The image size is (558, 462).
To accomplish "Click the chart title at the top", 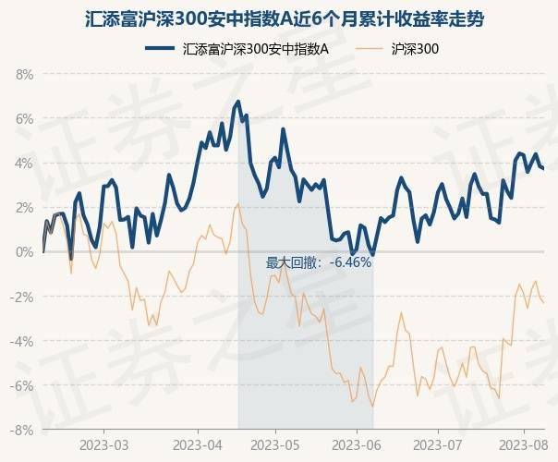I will [278, 18].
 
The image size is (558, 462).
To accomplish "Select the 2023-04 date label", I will [198, 445].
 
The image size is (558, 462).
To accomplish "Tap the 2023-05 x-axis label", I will [277, 445].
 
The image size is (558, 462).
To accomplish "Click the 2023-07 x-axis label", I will [439, 445].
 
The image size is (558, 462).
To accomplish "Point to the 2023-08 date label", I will [521, 445].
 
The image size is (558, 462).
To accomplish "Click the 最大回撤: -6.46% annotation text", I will [319, 262].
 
